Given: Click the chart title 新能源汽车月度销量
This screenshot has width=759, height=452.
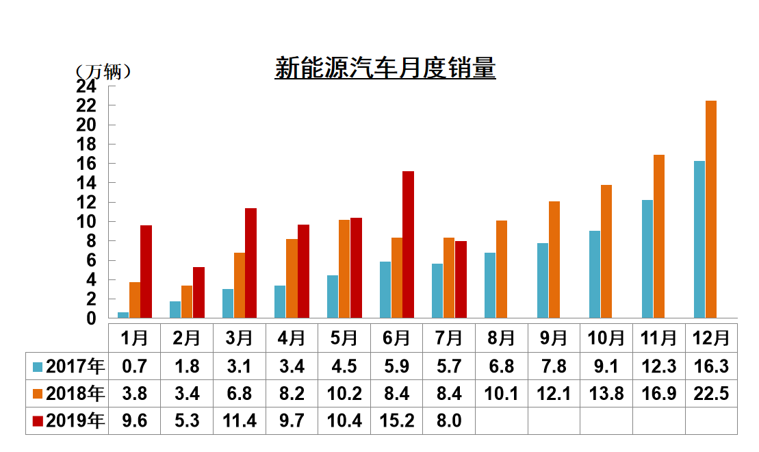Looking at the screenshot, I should click(385, 69).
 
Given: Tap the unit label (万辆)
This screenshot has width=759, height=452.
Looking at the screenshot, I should click(103, 72).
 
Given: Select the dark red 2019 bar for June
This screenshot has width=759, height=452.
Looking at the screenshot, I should click(408, 244).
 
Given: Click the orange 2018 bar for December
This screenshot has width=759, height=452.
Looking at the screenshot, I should click(710, 210).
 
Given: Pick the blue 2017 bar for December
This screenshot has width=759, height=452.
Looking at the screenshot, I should click(699, 240).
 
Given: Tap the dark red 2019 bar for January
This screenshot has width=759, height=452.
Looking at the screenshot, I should click(146, 272).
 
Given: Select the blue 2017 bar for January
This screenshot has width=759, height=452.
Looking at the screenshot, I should click(123, 315).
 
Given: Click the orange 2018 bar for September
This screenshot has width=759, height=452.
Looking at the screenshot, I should click(554, 260).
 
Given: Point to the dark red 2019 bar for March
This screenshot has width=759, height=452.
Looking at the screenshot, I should click(250, 263).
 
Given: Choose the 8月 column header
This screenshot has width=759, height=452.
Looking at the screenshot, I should click(501, 338).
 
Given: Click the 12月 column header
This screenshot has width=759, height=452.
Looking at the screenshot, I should click(710, 338).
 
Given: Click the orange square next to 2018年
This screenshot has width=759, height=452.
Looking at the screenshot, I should click(38, 394).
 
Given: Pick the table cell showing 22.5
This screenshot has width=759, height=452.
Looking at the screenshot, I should click(710, 394).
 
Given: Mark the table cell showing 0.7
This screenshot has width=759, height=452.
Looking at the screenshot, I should click(134, 366).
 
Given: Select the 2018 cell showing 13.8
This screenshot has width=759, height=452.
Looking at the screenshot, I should click(606, 394).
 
